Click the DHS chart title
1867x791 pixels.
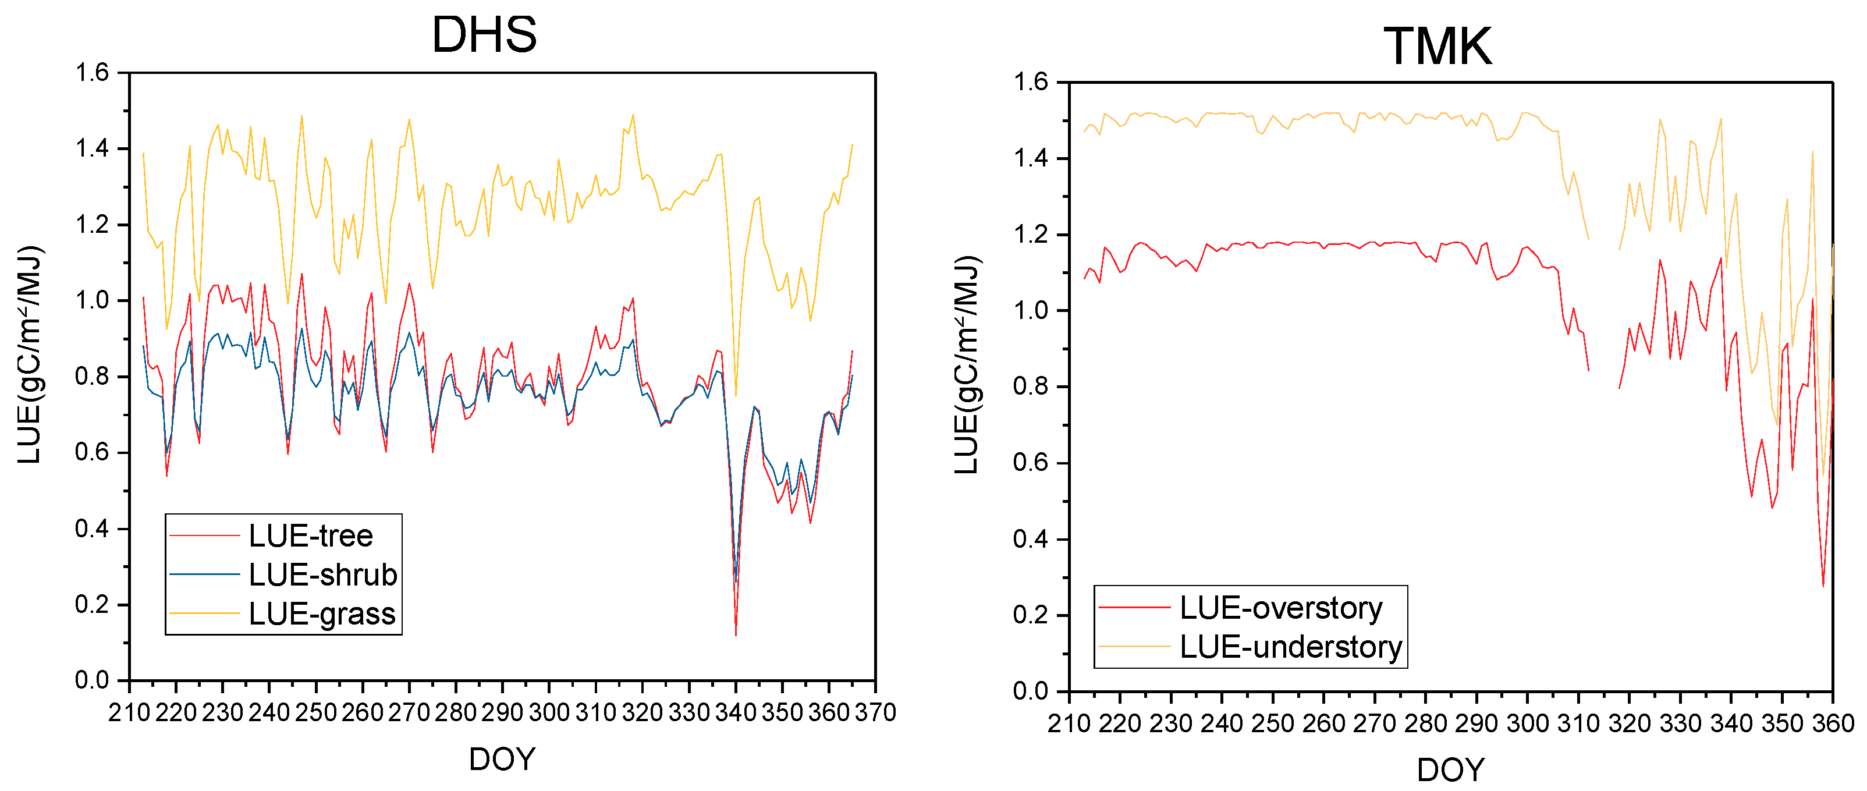(484, 35)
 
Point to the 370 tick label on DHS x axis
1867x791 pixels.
(875, 712)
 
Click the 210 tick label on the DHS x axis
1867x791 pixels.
(130, 712)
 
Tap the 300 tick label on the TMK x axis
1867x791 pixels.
(1527, 723)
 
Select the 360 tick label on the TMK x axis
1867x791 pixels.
(1832, 723)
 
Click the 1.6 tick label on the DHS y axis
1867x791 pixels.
(92, 73)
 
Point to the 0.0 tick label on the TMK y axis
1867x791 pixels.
(1030, 691)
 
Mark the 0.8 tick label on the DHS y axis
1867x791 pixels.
(92, 376)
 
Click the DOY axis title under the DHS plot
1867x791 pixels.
(502, 759)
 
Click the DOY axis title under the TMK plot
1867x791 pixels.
(1450, 769)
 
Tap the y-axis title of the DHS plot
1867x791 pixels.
(30, 355)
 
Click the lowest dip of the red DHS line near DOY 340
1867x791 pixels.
(736, 635)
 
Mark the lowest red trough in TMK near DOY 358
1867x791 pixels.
(1823, 586)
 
